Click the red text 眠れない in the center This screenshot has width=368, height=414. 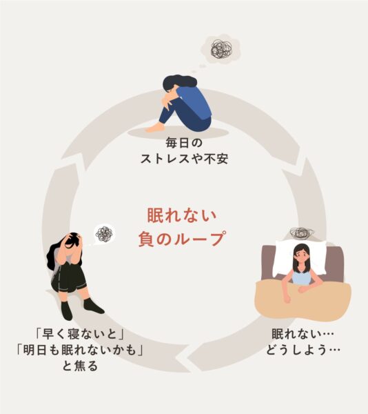[x=182, y=215]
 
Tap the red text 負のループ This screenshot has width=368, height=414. [x=182, y=239]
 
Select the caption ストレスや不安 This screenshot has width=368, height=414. [x=184, y=159]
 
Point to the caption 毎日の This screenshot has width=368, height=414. [x=184, y=143]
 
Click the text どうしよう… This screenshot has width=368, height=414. [x=303, y=350]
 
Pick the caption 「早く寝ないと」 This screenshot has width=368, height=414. [x=80, y=334]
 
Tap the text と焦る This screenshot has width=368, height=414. [x=80, y=366]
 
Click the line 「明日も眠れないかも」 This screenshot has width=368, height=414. [x=80, y=350]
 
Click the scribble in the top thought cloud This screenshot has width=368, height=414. [x=222, y=49]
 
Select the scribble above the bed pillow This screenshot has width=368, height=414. [x=302, y=233]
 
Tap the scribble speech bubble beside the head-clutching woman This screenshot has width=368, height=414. [x=104, y=234]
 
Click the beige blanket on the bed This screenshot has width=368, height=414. [x=303, y=300]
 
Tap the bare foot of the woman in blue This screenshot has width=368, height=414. [x=154, y=128]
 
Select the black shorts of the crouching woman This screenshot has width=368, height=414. [x=69, y=279]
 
